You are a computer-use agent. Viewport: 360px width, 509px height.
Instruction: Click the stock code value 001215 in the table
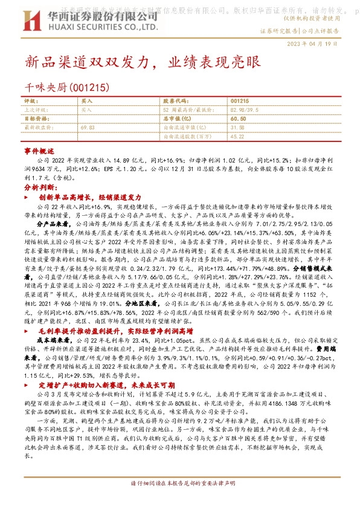tap(239, 100)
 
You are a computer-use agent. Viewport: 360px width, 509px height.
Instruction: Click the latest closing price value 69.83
tap(88, 128)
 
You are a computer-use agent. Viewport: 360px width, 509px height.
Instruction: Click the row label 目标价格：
tap(37, 119)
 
